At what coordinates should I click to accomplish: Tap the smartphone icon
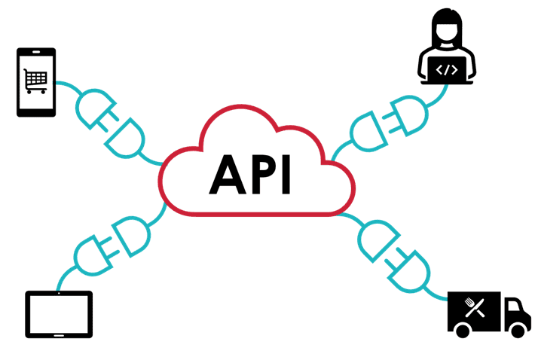pos(36,82)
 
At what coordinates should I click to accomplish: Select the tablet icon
pos(60,314)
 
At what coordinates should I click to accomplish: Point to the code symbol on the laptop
pos(448,71)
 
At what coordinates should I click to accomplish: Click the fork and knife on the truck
pos(475,307)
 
